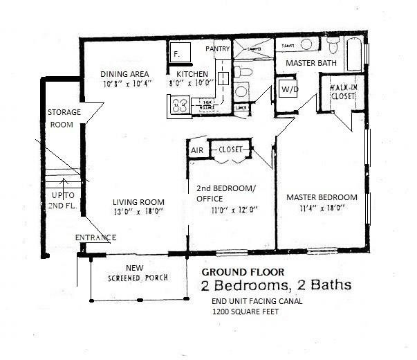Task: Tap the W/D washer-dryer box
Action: [288, 89]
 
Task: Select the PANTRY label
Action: [219, 49]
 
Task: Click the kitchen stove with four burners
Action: [180, 105]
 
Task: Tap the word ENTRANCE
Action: [95, 238]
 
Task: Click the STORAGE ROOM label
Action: [64, 119]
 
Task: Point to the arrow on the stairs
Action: [64, 184]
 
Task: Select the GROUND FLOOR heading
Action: [241, 272]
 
